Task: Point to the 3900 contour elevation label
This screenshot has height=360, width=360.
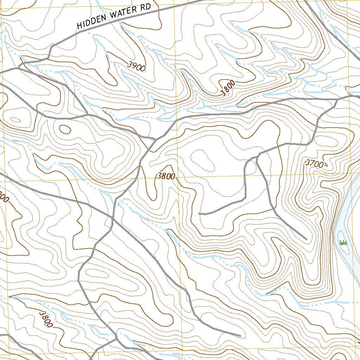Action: point(136,66)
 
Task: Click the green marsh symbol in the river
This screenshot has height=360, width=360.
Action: point(343,242)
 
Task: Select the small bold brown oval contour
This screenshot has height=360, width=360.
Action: point(65,129)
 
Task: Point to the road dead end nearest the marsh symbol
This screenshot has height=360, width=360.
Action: point(306,239)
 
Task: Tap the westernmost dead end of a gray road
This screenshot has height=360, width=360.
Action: point(199,213)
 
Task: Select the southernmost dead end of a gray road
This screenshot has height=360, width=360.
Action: point(240,335)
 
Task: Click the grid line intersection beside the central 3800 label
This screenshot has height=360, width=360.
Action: point(177,177)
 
